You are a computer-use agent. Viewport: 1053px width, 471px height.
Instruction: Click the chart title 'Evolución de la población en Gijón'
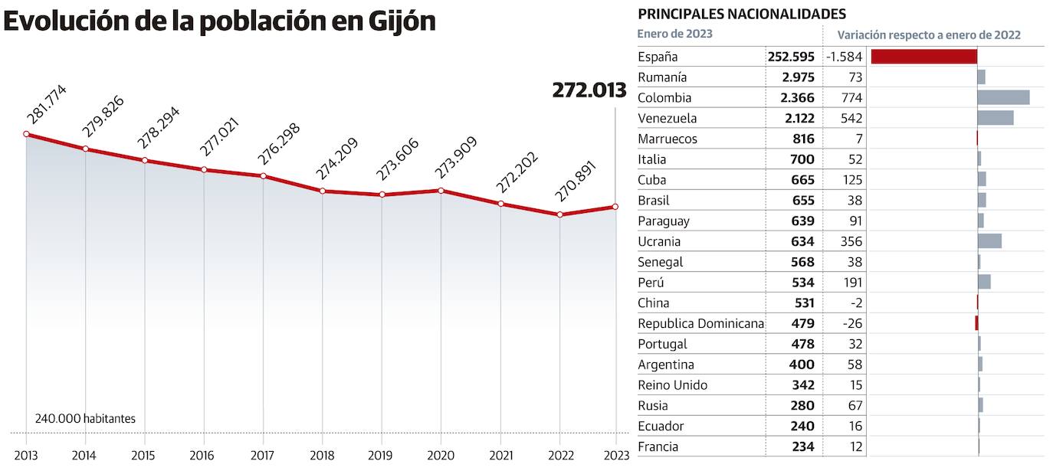click(219, 21)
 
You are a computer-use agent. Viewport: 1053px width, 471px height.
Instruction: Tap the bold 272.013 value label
click(589, 90)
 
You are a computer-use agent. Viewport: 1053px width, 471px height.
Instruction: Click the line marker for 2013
click(26, 134)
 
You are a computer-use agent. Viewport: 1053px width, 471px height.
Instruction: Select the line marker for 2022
click(560, 214)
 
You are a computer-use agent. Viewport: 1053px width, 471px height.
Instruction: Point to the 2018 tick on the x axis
click(322, 455)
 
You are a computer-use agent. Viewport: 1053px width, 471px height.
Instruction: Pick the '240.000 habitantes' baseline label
click(85, 419)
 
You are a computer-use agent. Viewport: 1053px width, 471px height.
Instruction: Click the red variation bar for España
click(923, 57)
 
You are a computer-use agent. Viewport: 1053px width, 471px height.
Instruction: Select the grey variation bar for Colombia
click(1003, 97)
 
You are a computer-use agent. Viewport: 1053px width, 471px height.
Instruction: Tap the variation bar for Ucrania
click(989, 241)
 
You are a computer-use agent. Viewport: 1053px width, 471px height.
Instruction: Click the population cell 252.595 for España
click(791, 57)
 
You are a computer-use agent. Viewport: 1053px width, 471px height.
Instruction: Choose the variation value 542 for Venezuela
click(851, 119)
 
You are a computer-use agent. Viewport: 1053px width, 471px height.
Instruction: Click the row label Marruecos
click(668, 139)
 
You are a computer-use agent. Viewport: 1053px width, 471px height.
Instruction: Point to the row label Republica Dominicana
click(700, 324)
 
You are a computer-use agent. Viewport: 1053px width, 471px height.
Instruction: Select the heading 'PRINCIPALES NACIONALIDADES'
click(742, 14)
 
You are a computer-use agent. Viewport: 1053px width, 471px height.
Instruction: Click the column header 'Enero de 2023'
click(674, 34)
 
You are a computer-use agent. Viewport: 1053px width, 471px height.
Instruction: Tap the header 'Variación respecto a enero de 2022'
click(928, 35)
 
